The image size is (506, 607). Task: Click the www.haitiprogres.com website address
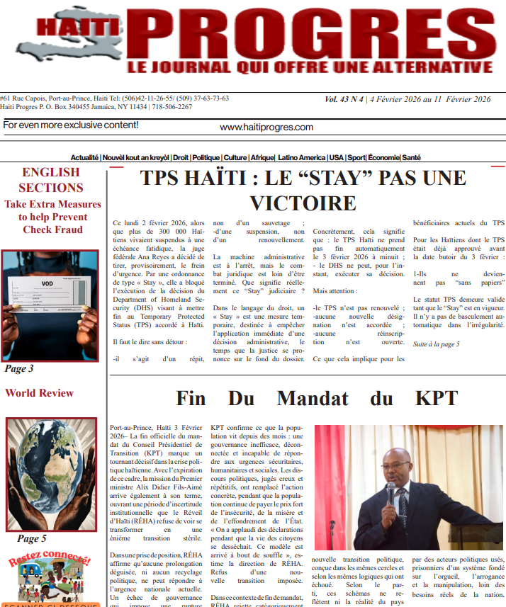click(x=266, y=127)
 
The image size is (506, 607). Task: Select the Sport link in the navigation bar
click(x=356, y=157)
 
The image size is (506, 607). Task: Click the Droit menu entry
click(x=180, y=157)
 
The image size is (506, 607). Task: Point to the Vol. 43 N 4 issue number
click(x=344, y=100)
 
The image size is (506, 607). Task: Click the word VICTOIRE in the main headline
click(x=303, y=203)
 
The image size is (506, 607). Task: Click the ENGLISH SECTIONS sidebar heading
click(x=51, y=180)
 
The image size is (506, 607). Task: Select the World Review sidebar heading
click(x=39, y=393)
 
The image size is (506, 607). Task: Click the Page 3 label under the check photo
click(x=19, y=368)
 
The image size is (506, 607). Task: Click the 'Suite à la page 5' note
click(x=437, y=344)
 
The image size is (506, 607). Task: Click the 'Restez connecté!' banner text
click(x=50, y=560)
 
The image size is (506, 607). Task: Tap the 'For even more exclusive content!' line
click(x=71, y=125)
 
